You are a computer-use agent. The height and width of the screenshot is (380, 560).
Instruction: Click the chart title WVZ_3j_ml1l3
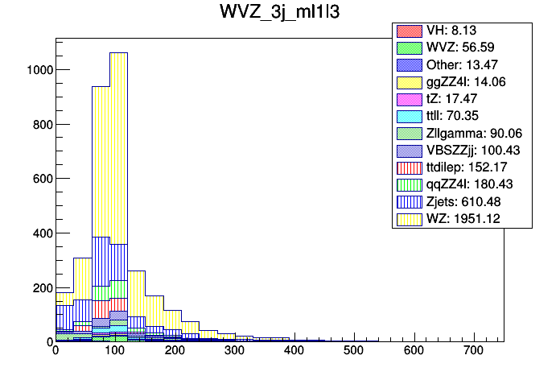279,14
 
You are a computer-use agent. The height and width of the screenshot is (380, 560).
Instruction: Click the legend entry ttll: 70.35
463,116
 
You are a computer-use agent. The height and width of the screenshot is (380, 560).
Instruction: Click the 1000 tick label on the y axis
38,70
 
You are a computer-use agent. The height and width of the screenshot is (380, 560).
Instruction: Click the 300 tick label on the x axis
234,352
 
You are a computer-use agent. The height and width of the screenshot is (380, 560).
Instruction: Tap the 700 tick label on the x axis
473,352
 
